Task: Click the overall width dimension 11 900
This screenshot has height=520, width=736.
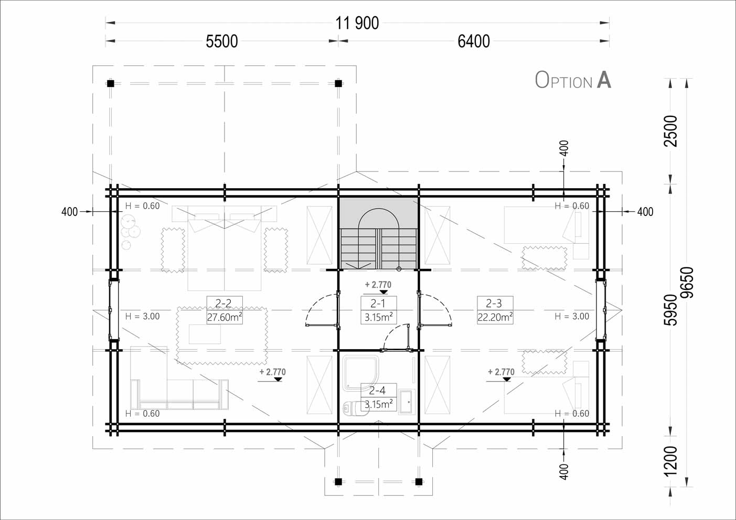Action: tap(357, 23)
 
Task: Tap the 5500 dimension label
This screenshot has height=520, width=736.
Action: tap(222, 42)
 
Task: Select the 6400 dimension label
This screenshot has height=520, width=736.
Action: tap(474, 42)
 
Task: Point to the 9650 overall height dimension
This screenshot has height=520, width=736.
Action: tap(687, 283)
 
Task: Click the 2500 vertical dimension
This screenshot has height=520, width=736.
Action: tap(670, 131)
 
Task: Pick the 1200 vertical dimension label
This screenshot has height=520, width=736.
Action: tap(670, 461)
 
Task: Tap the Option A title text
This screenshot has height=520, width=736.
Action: tap(573, 80)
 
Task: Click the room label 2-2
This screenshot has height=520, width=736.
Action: tap(223, 304)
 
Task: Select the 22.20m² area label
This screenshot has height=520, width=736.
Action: tap(495, 317)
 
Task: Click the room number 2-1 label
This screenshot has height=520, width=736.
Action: tap(378, 304)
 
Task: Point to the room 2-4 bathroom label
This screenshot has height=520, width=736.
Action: tap(377, 391)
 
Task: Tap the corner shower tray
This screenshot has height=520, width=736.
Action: tap(360, 372)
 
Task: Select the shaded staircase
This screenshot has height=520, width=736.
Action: tap(379, 233)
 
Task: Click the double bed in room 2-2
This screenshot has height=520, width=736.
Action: tap(225, 248)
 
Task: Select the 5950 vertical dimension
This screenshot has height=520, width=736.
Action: tap(670, 310)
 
